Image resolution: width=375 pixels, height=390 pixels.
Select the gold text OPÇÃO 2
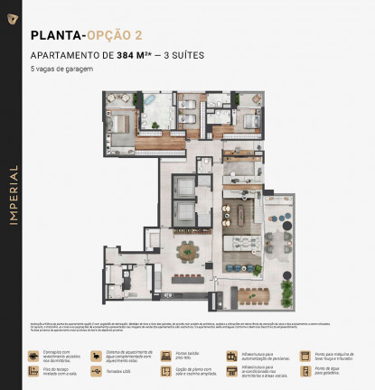pyautogui.click(x=115, y=37)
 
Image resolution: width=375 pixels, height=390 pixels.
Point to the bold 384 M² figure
pyautogui.click(x=136, y=55)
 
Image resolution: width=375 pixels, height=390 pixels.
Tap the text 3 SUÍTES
pyautogui.click(x=182, y=55)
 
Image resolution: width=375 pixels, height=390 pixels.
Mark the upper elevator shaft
pyautogui.click(x=186, y=184)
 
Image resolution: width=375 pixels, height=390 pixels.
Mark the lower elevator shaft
pyautogui.click(x=186, y=215)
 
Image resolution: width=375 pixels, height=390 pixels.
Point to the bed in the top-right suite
pyautogui.click(x=249, y=118)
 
